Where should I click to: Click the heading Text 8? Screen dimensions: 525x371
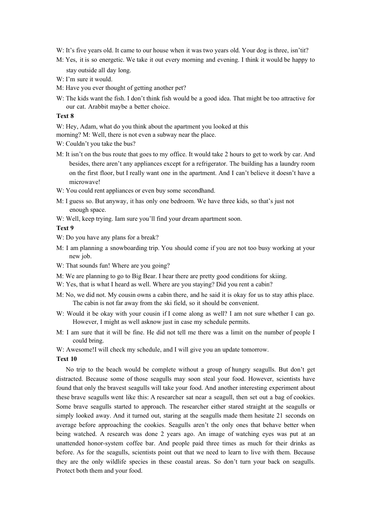(x=65, y=116)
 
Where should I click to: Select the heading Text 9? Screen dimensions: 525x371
(x=65, y=228)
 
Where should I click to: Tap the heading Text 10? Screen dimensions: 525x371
(x=66, y=359)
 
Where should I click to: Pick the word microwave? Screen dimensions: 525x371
(x=83, y=182)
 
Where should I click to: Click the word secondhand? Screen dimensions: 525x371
(x=199, y=191)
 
